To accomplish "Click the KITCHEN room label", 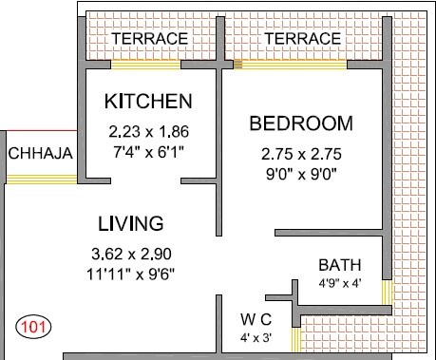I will coord(148,101).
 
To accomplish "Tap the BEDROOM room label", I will coord(300,124).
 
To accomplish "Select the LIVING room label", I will coord(131,223).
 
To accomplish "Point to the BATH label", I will coord(338,264).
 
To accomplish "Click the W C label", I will coord(257,318).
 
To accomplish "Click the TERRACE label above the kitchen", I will coord(149,38).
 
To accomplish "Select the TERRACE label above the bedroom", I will coord(303,38).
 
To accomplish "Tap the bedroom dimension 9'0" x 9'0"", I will coord(300,173).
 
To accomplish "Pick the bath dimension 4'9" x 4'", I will coord(339,282).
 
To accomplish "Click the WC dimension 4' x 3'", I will coord(257,335).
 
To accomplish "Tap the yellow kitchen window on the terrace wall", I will coord(145,66).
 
